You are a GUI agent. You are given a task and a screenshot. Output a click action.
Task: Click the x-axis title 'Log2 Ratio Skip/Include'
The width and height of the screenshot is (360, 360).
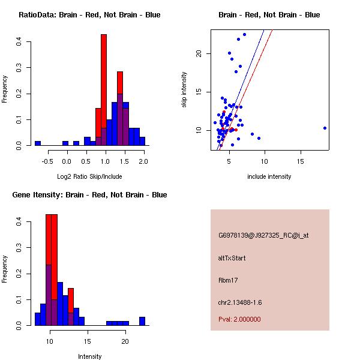[x=89, y=176]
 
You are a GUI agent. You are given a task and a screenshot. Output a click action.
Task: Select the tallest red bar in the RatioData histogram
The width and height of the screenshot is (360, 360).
[x=104, y=90]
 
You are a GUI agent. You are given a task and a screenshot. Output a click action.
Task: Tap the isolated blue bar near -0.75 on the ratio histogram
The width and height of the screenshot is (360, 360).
[x=38, y=143]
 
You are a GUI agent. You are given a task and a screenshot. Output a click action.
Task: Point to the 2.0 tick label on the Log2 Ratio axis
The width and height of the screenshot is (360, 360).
[x=143, y=161]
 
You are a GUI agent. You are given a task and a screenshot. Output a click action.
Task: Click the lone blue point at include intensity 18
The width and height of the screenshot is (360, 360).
[x=325, y=128]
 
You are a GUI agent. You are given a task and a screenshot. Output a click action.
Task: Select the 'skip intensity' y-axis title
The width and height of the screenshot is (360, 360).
[x=184, y=90]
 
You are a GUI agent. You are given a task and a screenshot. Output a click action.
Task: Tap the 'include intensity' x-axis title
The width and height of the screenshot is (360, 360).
[x=269, y=176]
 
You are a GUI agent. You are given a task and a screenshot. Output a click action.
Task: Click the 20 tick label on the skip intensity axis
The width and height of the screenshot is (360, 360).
[x=199, y=53]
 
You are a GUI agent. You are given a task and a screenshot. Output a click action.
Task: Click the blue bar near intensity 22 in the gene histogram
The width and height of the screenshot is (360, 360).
[x=142, y=321]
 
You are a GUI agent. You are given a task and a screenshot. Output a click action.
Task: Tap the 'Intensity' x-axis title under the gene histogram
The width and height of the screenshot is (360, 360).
[x=89, y=356]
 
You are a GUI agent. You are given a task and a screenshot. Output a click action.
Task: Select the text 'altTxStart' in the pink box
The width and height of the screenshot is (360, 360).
[x=232, y=258]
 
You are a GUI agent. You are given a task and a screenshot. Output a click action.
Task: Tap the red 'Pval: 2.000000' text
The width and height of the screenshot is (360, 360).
[x=239, y=319]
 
